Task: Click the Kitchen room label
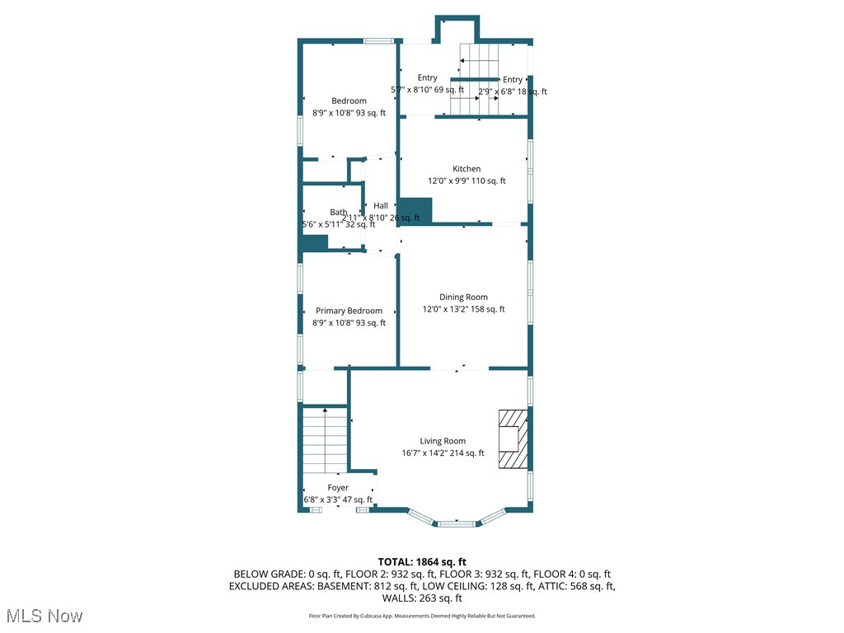tap(466, 169)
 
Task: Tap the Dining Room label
tap(463, 298)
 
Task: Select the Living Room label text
tap(443, 442)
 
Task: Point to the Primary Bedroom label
tap(349, 312)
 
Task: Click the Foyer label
tap(338, 488)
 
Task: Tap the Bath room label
tap(338, 213)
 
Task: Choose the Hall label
tap(380, 206)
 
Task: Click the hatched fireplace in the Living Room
tap(511, 440)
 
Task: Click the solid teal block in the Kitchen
tap(415, 210)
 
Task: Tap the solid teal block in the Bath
tap(315, 242)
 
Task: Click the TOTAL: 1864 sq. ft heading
tap(422, 562)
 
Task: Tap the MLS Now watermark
tap(45, 616)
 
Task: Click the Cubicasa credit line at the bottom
tap(422, 616)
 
